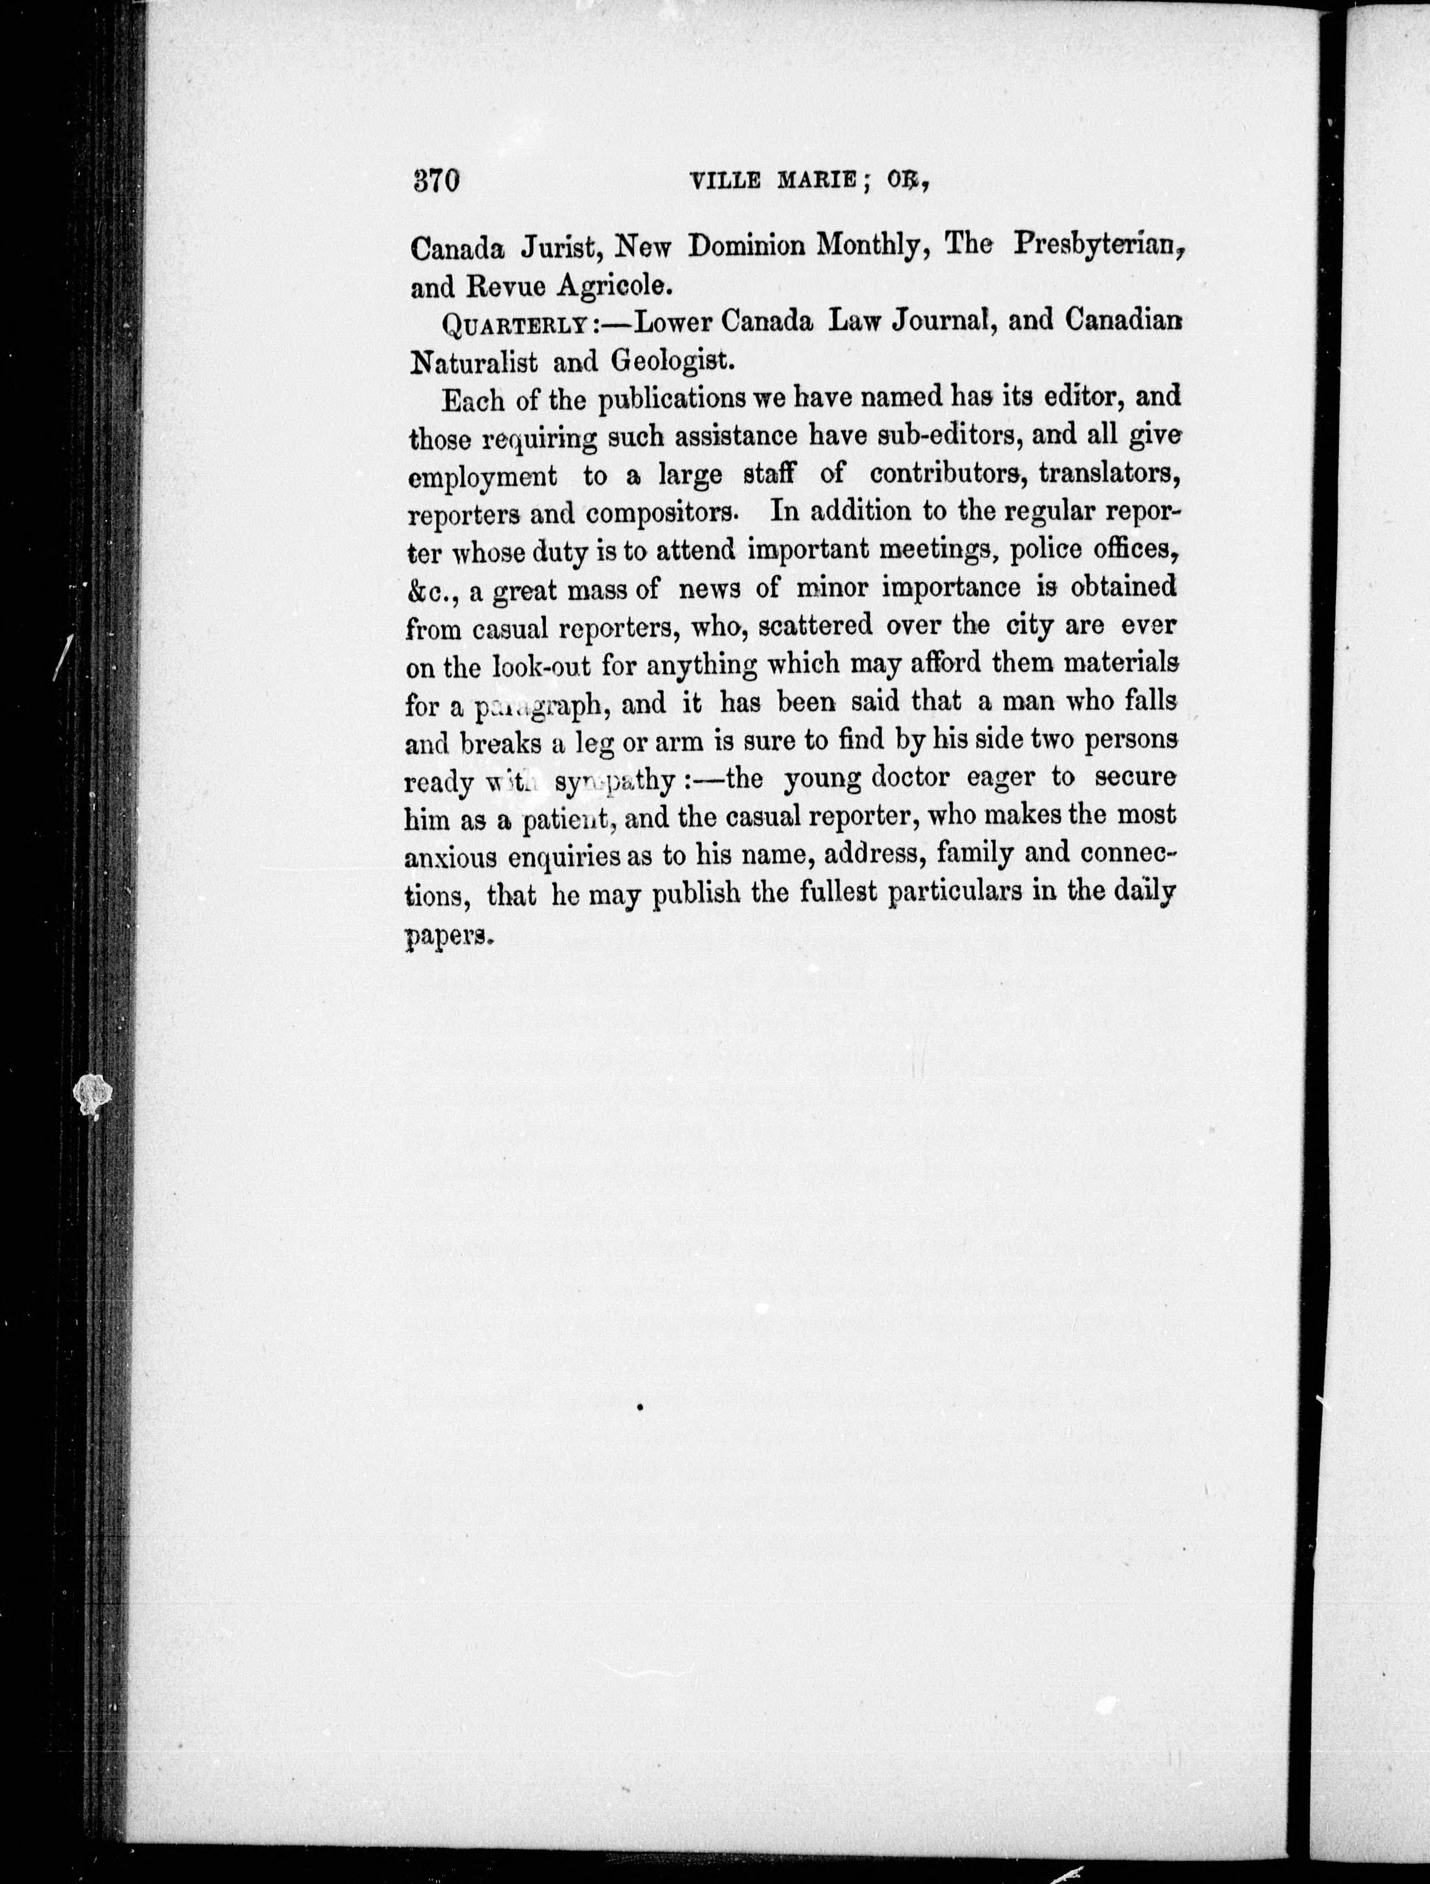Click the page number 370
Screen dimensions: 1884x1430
(436, 181)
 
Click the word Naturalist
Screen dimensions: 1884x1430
(474, 362)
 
